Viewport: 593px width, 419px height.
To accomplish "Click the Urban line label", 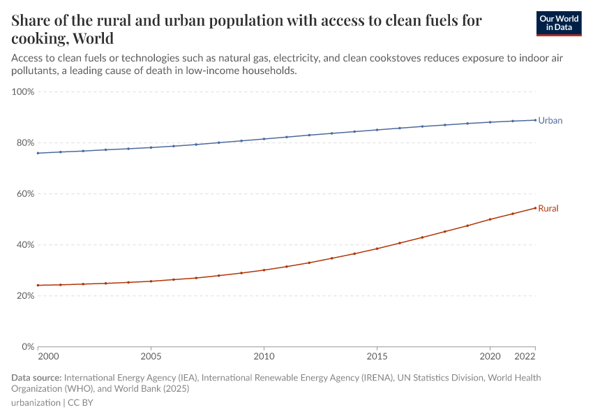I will click(x=550, y=121).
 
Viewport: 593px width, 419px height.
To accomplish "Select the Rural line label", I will click(x=548, y=209).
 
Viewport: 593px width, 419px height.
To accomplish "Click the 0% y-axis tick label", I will click(x=27, y=347).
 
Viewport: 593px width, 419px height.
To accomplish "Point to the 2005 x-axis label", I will click(x=151, y=357).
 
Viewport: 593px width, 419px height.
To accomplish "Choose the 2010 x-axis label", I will click(x=264, y=357).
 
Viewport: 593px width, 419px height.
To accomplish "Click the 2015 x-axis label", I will click(x=377, y=357).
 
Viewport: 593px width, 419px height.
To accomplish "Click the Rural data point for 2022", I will click(x=535, y=207).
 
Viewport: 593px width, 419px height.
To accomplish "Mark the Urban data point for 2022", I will click(x=535, y=120).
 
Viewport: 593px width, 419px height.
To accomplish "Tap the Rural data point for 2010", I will click(x=264, y=270).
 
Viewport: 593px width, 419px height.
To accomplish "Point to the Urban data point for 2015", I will click(x=377, y=130).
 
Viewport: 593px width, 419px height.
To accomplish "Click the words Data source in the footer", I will click(x=36, y=378).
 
